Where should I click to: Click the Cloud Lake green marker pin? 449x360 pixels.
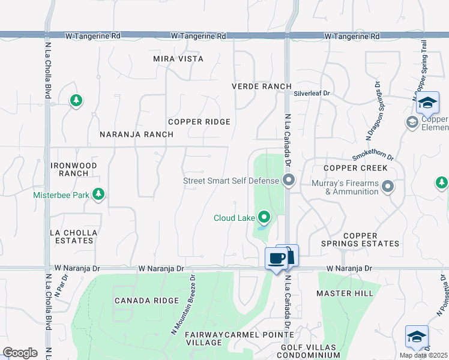click(x=263, y=217)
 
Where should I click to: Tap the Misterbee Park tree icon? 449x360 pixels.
click(x=99, y=194)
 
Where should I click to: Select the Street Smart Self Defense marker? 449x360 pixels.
click(x=289, y=180)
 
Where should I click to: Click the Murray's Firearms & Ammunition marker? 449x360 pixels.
click(x=388, y=187)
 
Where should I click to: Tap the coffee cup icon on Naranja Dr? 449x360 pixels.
click(x=276, y=259)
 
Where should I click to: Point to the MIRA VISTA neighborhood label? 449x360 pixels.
click(x=178, y=59)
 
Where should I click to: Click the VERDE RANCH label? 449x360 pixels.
click(x=262, y=86)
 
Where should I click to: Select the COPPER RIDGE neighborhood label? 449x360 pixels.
click(x=199, y=122)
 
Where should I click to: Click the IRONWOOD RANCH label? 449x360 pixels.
click(x=74, y=169)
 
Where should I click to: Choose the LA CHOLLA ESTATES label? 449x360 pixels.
click(x=72, y=236)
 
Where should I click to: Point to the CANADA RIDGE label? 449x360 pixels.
click(x=146, y=301)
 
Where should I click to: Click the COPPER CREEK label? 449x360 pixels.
click(x=355, y=168)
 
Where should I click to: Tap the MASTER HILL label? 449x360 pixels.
click(x=345, y=293)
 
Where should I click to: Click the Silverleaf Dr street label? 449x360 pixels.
click(x=312, y=94)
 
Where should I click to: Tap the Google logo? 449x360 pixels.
click(x=20, y=353)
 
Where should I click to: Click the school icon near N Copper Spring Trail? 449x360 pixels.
click(x=428, y=103)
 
